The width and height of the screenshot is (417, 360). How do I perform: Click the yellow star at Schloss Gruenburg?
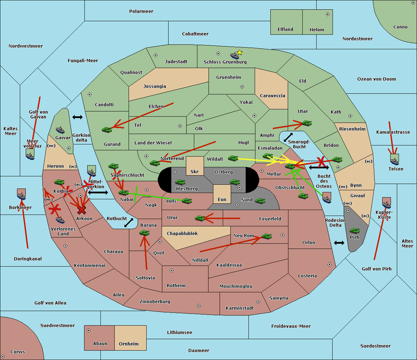point(239,52)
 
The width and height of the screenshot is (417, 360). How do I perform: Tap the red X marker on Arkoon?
point(82,210)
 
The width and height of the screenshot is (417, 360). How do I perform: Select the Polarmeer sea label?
point(141,11)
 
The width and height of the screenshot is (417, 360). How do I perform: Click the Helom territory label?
point(317,30)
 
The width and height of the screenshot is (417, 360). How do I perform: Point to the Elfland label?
point(285,30)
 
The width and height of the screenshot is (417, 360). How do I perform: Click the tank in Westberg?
point(180,182)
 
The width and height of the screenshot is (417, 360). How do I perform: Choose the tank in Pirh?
point(354,231)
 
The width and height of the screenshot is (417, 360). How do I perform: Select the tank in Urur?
point(200,218)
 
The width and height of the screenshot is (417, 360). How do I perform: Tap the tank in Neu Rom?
point(267,236)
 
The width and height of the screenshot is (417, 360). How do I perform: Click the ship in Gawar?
point(60,130)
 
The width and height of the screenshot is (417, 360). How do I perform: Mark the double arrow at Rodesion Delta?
point(339,243)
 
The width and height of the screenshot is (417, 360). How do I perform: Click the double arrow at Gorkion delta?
point(77,117)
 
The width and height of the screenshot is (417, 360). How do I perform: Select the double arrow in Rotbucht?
point(129,223)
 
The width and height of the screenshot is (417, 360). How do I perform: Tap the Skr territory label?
point(194,172)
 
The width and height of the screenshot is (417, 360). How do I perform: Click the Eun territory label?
point(222,200)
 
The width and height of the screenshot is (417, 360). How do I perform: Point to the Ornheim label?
point(129,344)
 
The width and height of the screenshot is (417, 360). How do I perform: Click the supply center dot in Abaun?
point(89,330)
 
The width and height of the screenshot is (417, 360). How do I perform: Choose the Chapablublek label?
point(182,234)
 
